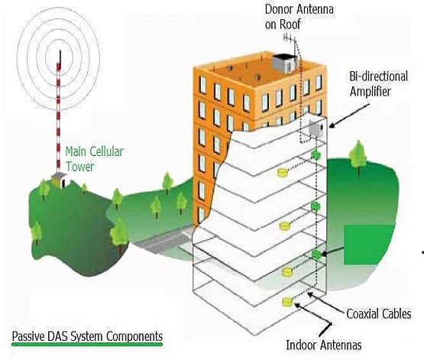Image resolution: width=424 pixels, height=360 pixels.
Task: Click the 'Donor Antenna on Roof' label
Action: [x=299, y=17]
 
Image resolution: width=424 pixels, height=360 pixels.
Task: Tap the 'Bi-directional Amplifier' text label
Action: [x=379, y=84]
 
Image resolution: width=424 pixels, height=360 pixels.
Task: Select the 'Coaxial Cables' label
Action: [x=379, y=314]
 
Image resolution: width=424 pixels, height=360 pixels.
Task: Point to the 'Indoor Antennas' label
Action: [x=324, y=345]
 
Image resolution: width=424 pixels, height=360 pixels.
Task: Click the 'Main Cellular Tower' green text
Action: [x=94, y=159]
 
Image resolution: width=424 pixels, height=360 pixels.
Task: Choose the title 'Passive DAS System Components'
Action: [x=87, y=336]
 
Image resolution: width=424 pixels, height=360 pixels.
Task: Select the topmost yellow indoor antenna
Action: [x=282, y=173]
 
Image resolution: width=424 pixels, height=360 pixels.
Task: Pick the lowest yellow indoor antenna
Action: [x=287, y=302]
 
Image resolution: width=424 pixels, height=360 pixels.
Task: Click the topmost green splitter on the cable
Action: [x=316, y=155]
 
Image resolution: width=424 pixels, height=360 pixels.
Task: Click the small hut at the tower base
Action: [x=60, y=180]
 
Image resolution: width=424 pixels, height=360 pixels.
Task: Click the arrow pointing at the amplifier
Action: [x=349, y=116]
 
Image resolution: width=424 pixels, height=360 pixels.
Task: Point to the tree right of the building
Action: [x=358, y=157]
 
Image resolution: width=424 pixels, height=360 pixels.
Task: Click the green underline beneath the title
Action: [x=87, y=344]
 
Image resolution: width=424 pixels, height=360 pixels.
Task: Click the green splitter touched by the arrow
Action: [x=316, y=255]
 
